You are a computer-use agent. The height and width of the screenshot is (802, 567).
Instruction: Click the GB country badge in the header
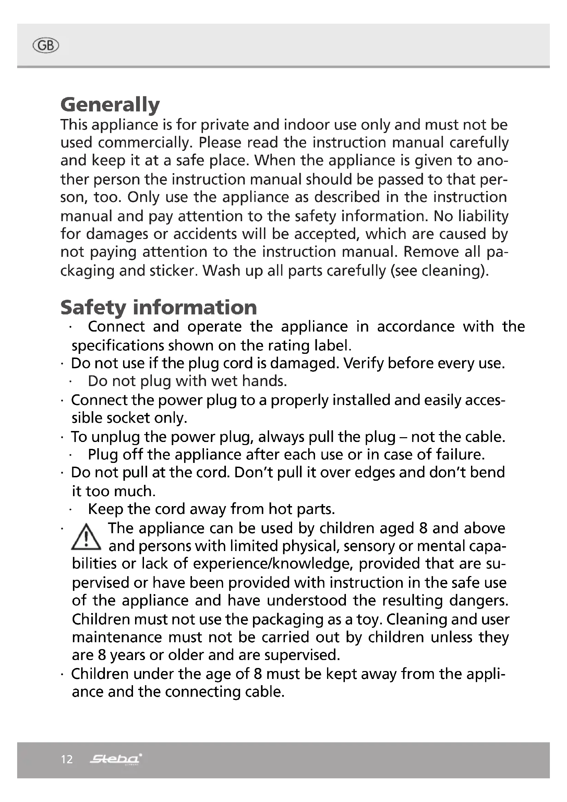coord(45,46)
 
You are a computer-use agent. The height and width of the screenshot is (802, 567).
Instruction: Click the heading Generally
coord(110,105)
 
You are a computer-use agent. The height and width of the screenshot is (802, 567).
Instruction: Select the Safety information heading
coord(158,307)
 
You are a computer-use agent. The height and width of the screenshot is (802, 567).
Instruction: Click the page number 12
coord(67,759)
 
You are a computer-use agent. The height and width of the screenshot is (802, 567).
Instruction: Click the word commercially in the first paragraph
coord(145,143)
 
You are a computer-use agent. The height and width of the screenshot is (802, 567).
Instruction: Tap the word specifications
coord(118,346)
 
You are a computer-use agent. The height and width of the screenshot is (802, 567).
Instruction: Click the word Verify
coord(363,363)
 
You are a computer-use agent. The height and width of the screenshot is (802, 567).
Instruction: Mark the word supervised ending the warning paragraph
coord(302,655)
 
